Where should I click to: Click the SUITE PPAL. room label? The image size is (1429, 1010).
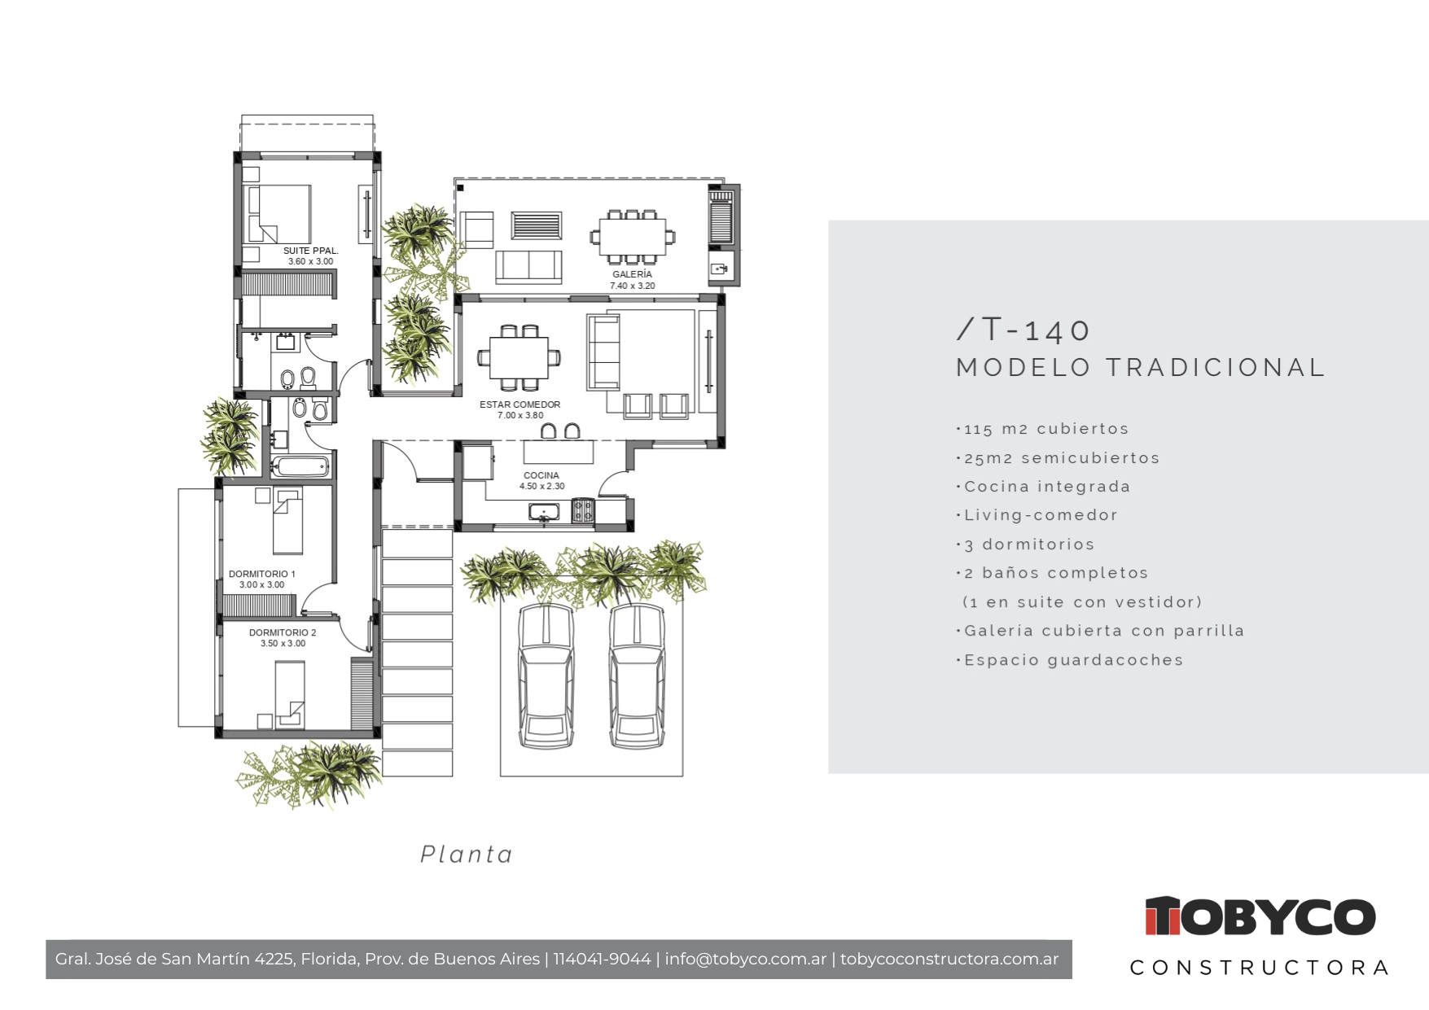[310, 251]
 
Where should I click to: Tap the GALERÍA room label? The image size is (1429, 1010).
[632, 274]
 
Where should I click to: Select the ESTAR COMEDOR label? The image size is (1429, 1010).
[519, 404]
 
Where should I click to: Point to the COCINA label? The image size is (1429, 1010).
[541, 475]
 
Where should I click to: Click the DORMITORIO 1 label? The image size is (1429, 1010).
[261, 574]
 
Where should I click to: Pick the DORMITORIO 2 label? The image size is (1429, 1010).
[283, 632]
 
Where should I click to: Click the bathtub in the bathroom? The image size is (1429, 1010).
[300, 466]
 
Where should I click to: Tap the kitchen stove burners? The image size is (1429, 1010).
[582, 510]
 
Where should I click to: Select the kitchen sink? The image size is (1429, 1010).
[544, 512]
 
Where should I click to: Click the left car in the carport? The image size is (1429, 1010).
[546, 676]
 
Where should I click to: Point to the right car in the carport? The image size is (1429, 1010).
[637, 676]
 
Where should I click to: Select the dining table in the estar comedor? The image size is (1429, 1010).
[519, 357]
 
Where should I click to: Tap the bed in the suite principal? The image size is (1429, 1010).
[279, 214]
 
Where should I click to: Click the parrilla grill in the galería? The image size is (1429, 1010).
[721, 217]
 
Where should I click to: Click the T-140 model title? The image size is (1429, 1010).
[1023, 330]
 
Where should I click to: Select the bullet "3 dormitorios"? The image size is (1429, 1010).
[1026, 544]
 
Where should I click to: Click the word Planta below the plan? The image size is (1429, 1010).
[467, 854]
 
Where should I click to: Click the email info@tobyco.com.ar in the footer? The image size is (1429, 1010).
[745, 959]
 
